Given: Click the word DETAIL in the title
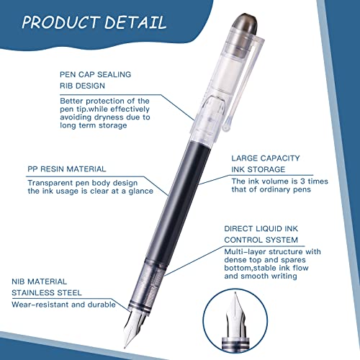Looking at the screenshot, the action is (135, 22).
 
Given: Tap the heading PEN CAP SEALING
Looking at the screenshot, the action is (95, 74).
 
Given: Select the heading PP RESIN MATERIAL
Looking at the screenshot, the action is (67, 169).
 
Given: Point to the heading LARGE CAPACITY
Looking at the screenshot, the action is (266, 158).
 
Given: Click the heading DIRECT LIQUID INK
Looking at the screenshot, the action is (261, 228).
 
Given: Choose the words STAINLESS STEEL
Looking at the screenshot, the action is (47, 293).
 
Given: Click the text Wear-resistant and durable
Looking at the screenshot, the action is (63, 305).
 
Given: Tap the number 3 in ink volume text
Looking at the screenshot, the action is (303, 181).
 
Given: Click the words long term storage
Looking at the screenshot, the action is (94, 125).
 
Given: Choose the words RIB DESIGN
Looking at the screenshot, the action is (82, 86).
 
